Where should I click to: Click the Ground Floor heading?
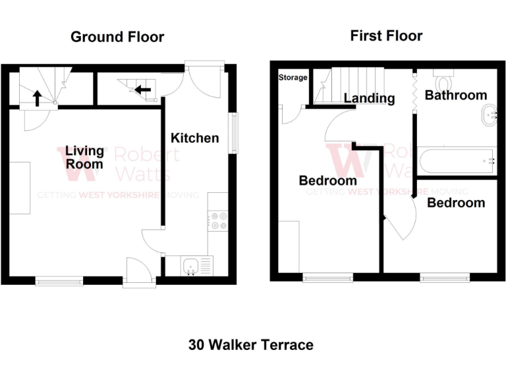117,37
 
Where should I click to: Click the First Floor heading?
386,35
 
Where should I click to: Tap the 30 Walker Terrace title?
251,345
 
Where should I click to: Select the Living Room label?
84,158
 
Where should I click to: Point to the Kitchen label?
194,138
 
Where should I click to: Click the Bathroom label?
455,95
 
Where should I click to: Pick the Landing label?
370,99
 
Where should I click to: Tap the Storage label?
293,78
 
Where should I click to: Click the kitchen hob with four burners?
217,220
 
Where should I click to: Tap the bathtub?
456,160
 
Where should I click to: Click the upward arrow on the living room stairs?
37,99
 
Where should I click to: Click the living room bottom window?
59,281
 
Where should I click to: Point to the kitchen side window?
233,134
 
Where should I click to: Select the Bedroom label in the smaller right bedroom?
456,203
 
